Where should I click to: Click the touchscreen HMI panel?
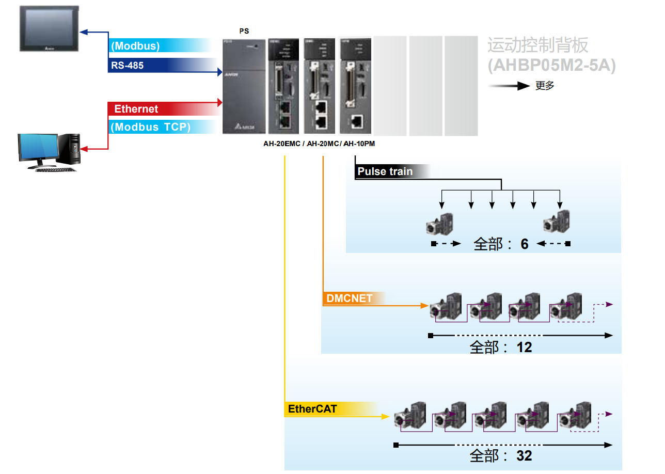[x=50, y=28]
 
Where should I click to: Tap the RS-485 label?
[x=128, y=66]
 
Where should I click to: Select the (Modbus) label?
[x=135, y=46]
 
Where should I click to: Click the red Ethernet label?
[x=136, y=109]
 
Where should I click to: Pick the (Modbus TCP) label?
[x=150, y=127]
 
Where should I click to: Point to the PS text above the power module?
[x=244, y=31]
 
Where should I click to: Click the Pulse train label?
[x=385, y=171]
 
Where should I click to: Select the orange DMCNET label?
[x=350, y=298]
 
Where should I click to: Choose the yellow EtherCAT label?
[x=312, y=409]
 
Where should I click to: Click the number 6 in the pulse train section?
[x=525, y=244]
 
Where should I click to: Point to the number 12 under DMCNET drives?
[x=524, y=347]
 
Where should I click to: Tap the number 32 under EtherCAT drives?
[x=524, y=456]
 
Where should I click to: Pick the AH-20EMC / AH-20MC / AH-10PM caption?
[x=319, y=144]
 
